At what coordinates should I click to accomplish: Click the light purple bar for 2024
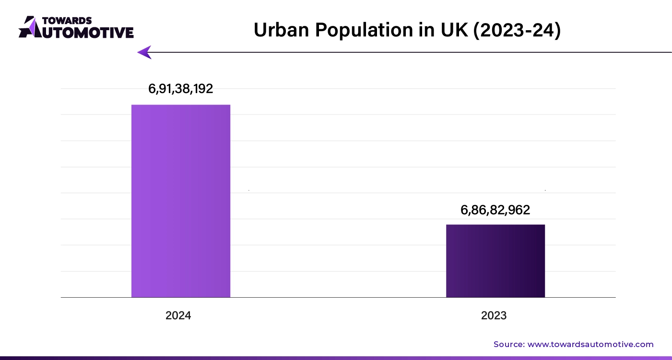point(181,201)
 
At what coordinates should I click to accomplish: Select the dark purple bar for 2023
point(495,261)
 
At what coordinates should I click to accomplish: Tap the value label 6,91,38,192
point(181,89)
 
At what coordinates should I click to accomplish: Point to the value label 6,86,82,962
point(495,209)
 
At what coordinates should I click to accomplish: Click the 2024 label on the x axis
point(178,315)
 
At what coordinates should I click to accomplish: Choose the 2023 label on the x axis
point(494,315)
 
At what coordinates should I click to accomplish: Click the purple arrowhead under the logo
point(144,52)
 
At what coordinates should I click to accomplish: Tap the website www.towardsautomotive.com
point(590,344)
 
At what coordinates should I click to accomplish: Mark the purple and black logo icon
point(30,27)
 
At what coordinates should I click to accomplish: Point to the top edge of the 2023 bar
point(495,225)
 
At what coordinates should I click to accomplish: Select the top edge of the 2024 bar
point(181,105)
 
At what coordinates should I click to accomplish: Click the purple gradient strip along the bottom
point(336,358)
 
